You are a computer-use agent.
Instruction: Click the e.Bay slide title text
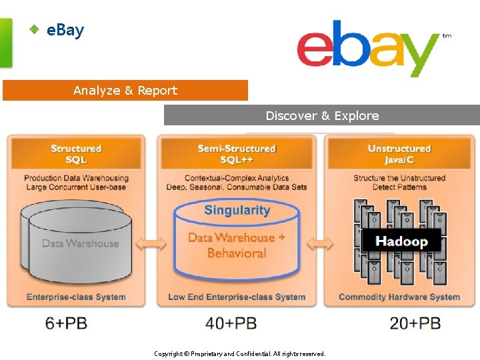click(x=65, y=30)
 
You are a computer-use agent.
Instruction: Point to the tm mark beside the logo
click(x=447, y=36)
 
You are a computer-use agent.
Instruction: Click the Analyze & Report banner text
click(x=125, y=91)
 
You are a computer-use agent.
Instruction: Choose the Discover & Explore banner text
click(x=322, y=115)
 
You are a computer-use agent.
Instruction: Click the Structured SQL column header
click(x=76, y=154)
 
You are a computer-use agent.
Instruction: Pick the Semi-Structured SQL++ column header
click(x=237, y=154)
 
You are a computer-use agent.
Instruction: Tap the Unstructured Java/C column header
click(x=399, y=154)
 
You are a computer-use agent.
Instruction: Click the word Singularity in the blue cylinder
click(x=237, y=211)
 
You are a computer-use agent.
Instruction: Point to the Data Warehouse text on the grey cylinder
click(x=81, y=243)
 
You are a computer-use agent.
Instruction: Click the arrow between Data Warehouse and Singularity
click(x=151, y=244)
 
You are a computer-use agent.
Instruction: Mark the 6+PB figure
click(x=66, y=323)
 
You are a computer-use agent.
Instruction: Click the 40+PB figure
click(x=231, y=323)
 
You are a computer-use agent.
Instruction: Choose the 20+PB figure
click(x=415, y=323)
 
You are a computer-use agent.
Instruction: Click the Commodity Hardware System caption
click(x=399, y=297)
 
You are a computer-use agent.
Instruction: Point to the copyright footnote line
click(x=240, y=354)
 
